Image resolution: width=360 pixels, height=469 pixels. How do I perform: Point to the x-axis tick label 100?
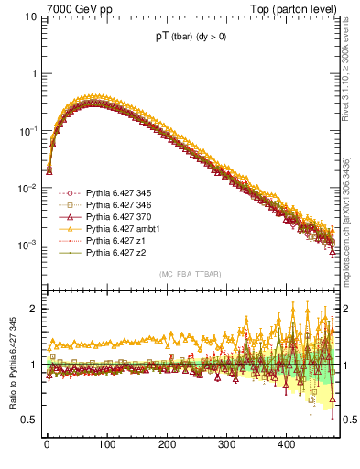click(x=106, y=444)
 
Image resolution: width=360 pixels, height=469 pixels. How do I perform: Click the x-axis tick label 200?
click(x=167, y=444)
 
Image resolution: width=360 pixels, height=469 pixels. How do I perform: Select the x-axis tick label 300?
click(x=226, y=444)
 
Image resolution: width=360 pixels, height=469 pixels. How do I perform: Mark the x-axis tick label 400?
click(x=287, y=444)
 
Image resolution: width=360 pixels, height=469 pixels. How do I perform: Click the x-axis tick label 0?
click(x=47, y=444)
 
